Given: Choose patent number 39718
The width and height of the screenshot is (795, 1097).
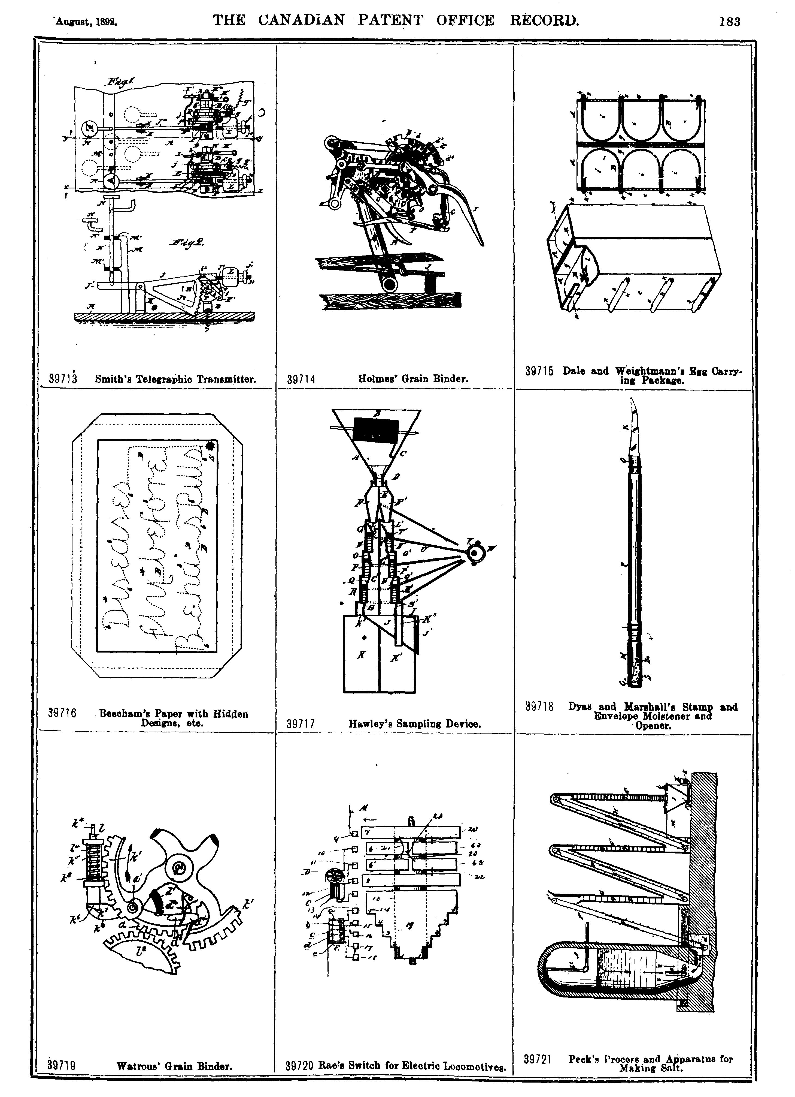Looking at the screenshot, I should (539, 707).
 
